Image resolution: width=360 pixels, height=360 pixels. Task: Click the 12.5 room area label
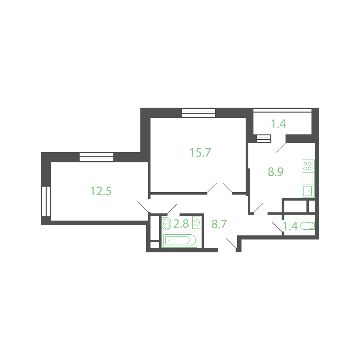[101, 191]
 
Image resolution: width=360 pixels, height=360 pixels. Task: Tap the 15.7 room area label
[200, 153]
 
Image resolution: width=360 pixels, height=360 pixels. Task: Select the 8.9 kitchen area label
[275, 172]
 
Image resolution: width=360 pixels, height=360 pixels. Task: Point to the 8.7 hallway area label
[219, 224]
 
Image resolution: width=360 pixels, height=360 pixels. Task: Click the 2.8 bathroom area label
[181, 224]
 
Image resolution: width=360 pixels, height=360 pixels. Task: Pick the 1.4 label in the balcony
[279, 124]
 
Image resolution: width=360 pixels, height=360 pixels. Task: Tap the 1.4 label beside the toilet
[291, 226]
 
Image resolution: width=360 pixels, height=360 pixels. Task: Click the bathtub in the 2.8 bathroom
[180, 240]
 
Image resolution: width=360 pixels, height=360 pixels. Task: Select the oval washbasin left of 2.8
[166, 224]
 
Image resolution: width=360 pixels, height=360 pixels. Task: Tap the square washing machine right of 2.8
[197, 222]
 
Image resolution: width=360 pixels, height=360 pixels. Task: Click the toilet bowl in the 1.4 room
[307, 226]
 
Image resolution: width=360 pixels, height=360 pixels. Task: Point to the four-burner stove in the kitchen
[308, 166]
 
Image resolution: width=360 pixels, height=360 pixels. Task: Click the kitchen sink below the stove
[308, 191]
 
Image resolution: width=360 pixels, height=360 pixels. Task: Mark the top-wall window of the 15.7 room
[199, 113]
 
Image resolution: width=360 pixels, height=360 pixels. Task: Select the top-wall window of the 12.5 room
[96, 157]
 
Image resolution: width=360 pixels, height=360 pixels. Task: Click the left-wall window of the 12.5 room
[46, 201]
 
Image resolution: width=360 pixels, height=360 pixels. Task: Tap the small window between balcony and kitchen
[264, 139]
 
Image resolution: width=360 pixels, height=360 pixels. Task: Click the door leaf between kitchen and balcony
[281, 148]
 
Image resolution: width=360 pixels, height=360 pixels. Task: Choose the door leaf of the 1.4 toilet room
[277, 227]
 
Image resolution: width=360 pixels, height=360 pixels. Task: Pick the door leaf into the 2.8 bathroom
[172, 209]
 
